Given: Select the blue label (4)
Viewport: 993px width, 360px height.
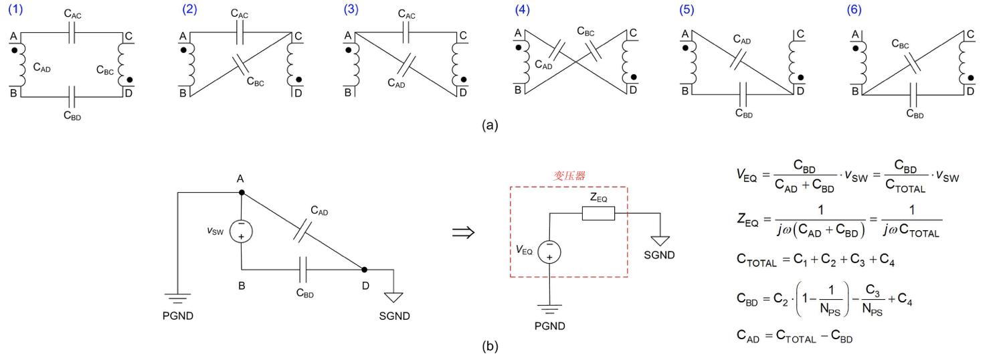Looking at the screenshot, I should pyautogui.click(x=521, y=11).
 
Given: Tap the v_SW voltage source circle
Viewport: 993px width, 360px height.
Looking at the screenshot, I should pyautogui.click(x=240, y=232).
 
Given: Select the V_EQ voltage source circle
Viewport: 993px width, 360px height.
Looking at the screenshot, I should pyautogui.click(x=549, y=252).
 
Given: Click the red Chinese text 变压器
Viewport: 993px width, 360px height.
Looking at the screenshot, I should pyautogui.click(x=569, y=175).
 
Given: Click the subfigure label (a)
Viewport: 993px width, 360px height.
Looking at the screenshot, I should pyautogui.click(x=493, y=124).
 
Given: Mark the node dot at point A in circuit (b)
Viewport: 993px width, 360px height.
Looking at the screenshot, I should pyautogui.click(x=241, y=193).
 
